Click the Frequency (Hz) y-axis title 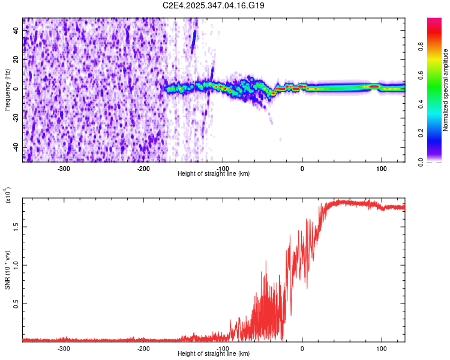click(8, 90)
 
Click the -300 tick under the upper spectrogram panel click(64, 168)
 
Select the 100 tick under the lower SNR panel click(381, 348)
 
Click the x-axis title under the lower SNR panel click(214, 354)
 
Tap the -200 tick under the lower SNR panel click(143, 348)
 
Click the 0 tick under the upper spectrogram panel click(302, 168)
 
